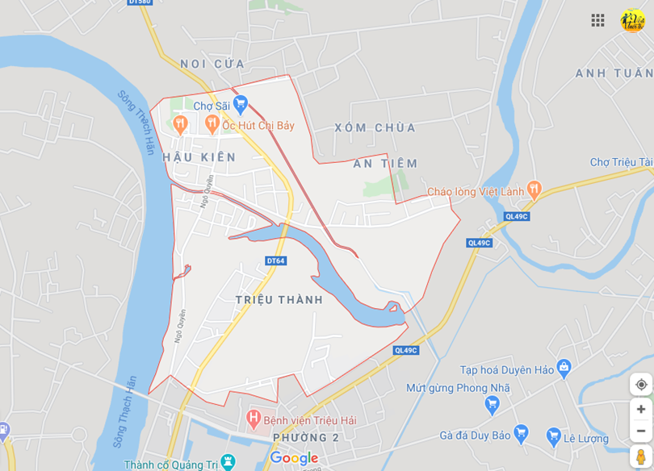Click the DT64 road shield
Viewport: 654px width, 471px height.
pos(276,261)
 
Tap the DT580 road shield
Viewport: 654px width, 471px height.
pos(140,2)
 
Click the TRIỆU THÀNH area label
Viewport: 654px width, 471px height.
pos(279,300)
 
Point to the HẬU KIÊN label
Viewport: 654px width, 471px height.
pos(199,157)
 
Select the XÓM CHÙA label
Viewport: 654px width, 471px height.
pos(375,127)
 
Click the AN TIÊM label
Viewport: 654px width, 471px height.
pos(386,164)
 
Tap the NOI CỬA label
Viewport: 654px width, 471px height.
pos(212,64)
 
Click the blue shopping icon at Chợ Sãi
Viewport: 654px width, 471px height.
pos(241,104)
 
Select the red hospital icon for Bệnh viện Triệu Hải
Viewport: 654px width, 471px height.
pos(254,419)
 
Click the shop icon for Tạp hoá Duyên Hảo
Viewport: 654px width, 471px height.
pos(564,369)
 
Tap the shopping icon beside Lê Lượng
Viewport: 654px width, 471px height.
pos(553,436)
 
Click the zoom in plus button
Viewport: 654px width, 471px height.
pos(641,409)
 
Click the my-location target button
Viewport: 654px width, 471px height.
pos(641,385)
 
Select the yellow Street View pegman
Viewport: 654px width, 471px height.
pos(641,456)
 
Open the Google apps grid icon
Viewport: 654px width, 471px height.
pos(597,21)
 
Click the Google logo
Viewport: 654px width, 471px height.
pos(294,458)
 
